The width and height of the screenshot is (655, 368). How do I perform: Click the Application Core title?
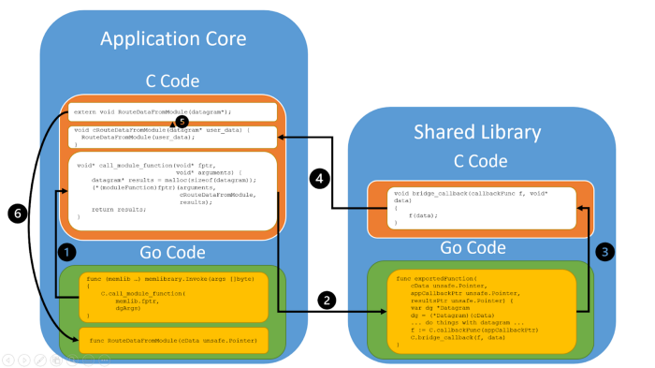tap(173, 38)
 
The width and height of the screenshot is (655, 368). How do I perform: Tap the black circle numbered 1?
tap(66, 251)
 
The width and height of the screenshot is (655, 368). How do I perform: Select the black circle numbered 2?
tap(327, 301)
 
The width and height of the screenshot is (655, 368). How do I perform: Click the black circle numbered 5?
tap(182, 122)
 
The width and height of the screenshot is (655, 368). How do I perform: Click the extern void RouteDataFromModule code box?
tap(173, 111)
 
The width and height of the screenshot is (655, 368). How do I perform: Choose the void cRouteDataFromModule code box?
tap(173, 137)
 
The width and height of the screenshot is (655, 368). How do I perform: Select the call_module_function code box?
tap(173, 188)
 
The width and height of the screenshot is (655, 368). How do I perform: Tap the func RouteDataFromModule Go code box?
tap(173, 339)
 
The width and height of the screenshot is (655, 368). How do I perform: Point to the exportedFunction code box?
tap(477, 311)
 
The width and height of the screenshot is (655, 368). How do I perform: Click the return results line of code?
tap(117, 210)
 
